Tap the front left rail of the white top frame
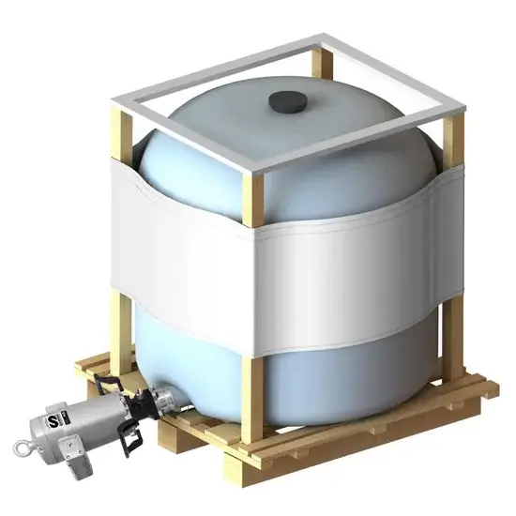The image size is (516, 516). [178, 141]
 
